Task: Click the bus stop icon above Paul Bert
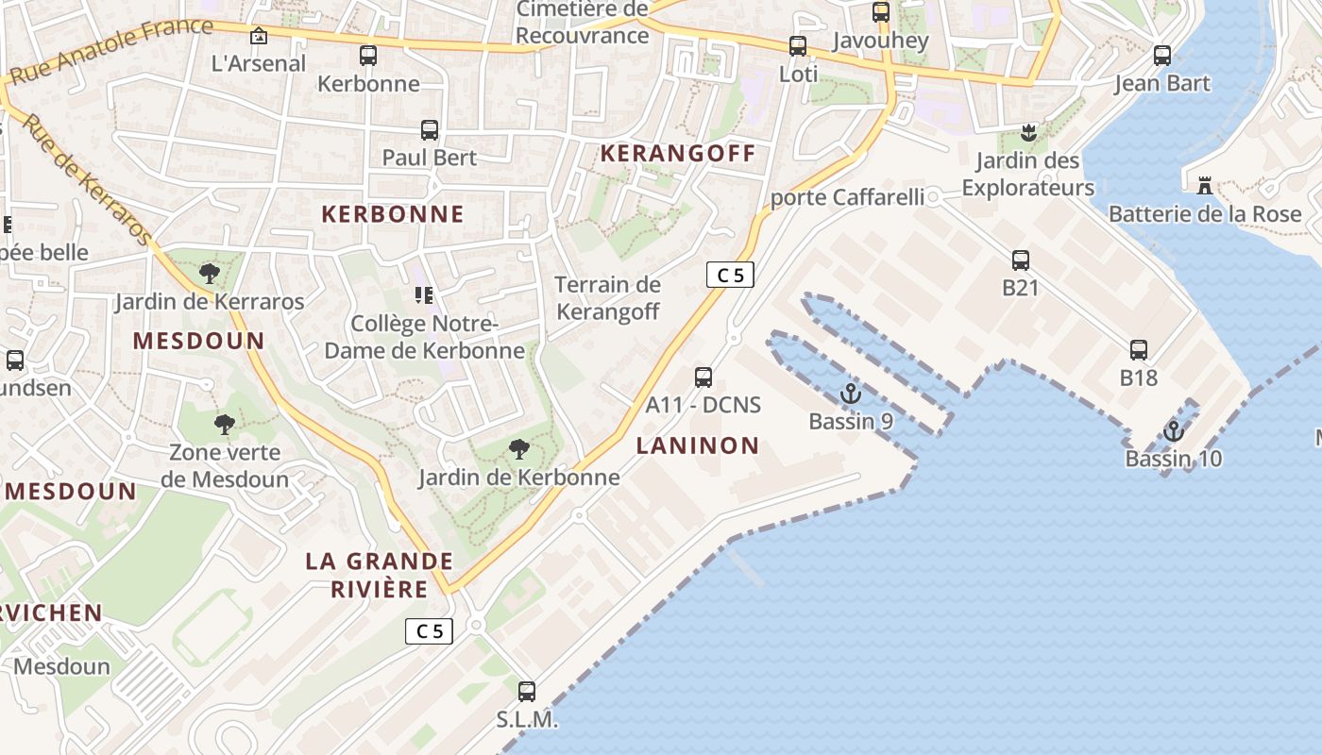tap(430, 130)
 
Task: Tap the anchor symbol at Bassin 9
tap(851, 394)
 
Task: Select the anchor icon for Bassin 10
tap(1173, 431)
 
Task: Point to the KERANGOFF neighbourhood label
tap(679, 153)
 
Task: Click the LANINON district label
tap(698, 445)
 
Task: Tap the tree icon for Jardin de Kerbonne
tap(518, 449)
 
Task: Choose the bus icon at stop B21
tap(1020, 260)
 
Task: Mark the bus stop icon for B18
tap(1139, 350)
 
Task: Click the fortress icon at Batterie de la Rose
tap(1204, 186)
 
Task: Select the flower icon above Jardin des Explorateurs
tap(1028, 133)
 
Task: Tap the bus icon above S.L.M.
tap(527, 691)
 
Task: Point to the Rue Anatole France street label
tap(111, 48)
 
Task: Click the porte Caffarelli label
tap(847, 197)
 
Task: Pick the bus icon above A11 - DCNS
tap(703, 377)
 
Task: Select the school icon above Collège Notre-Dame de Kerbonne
tap(423, 296)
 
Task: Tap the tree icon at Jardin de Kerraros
tap(210, 274)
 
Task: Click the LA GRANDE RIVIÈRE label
tap(380, 575)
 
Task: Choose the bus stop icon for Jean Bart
tap(1161, 56)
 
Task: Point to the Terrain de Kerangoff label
tap(607, 297)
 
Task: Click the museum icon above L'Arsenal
tap(258, 36)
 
